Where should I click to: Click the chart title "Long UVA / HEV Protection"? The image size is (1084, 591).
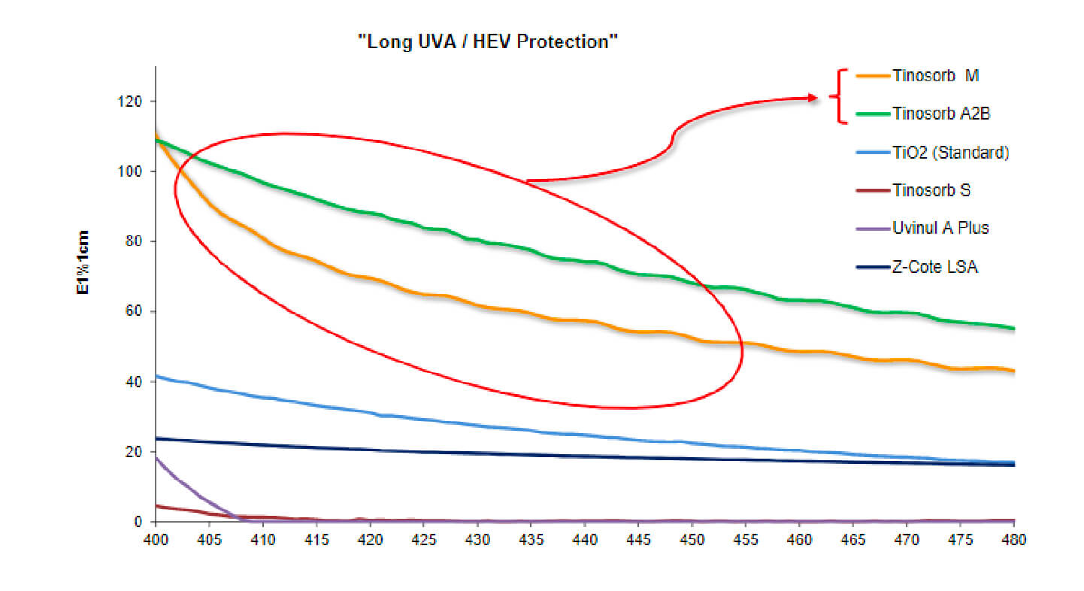click(x=487, y=42)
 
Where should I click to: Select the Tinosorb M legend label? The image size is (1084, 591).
click(x=936, y=76)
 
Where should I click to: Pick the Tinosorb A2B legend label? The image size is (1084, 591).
click(x=941, y=114)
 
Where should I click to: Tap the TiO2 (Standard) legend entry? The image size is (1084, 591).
click(x=950, y=153)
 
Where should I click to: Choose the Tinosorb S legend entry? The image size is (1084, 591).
click(x=931, y=190)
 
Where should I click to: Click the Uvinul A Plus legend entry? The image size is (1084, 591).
click(x=940, y=228)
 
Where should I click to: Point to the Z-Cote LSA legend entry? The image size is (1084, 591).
click(x=935, y=266)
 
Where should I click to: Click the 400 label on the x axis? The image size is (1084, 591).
click(x=156, y=539)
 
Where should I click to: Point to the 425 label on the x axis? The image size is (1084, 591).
click(x=424, y=539)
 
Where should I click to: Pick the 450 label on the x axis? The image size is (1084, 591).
click(x=692, y=539)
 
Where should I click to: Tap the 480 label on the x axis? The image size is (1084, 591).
click(x=1014, y=539)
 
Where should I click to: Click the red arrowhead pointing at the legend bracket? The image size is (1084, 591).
click(x=812, y=97)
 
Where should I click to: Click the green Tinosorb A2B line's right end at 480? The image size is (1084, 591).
click(x=1014, y=328)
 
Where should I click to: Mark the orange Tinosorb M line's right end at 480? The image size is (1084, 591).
click(x=1014, y=371)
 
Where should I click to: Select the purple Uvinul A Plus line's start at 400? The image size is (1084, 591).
click(x=156, y=457)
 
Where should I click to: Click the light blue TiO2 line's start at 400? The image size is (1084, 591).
click(x=156, y=376)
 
